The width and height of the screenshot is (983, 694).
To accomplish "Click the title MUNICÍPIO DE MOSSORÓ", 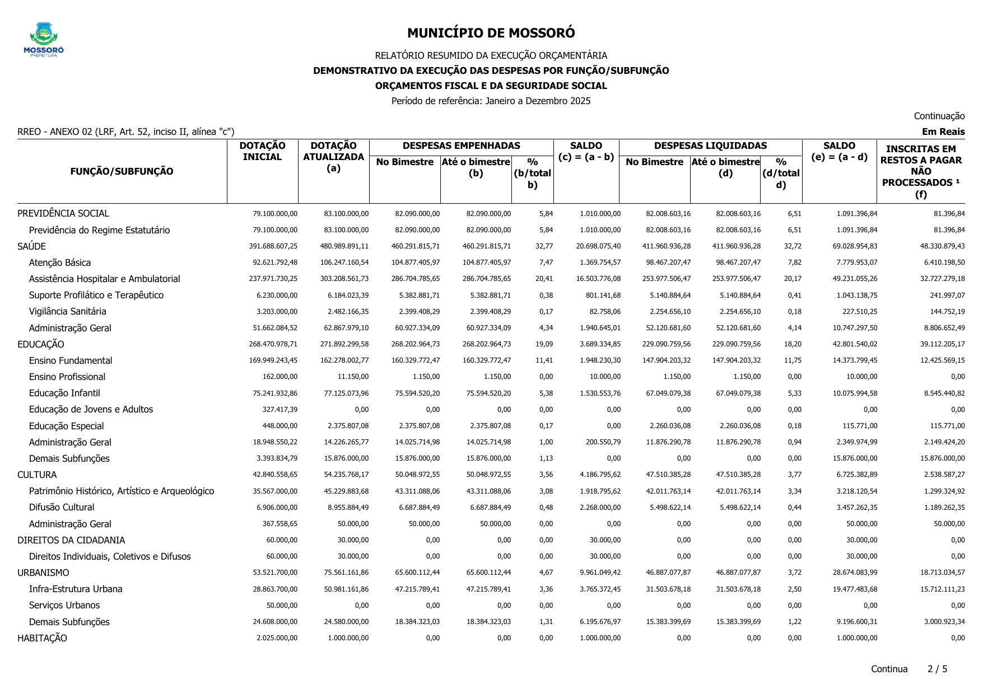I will click(491, 33).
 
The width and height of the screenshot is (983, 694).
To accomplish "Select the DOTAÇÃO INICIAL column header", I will click(262, 152).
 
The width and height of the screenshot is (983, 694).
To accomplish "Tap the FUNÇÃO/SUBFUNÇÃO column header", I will click(122, 171).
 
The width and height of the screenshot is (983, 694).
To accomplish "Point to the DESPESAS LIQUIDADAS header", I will click(710, 146).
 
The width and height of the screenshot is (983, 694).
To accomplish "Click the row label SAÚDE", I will click(32, 246).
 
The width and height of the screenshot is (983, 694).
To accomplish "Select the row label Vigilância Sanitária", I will click(67, 311).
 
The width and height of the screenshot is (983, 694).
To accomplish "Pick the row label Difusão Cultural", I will click(62, 507).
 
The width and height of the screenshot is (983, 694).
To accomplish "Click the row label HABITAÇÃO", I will click(42, 638).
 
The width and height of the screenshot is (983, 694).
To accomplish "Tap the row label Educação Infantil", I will click(64, 393).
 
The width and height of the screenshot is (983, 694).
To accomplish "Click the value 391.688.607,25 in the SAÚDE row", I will click(273, 246).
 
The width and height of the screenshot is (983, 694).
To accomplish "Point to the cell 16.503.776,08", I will click(598, 279).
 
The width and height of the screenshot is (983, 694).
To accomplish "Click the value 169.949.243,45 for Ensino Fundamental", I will click(273, 360).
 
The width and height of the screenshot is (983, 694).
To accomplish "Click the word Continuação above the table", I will click(939, 116).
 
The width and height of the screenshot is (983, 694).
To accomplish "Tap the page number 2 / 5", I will click(937, 669).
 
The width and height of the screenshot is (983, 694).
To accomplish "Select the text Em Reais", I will click(943, 132).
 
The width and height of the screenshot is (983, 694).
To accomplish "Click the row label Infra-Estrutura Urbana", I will click(76, 589).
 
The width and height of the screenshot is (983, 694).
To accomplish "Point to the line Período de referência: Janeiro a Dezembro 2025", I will click(491, 101).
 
